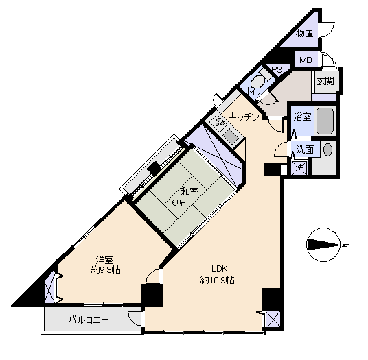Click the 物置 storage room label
click(x=305, y=33)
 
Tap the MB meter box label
click(x=306, y=60)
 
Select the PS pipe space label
click(x=277, y=70)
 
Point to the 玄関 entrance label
click(x=325, y=81)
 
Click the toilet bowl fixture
click(x=258, y=82)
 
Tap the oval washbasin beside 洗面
click(x=328, y=149)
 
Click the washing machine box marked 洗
click(x=299, y=168)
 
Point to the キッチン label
click(x=244, y=117)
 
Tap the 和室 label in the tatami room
click(x=189, y=191)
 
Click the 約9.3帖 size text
click(x=106, y=270)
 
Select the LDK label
click(x=220, y=268)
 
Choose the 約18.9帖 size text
click(x=217, y=280)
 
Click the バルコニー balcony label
click(x=89, y=320)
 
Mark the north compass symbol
click(x=324, y=245)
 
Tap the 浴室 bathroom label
click(x=303, y=117)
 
